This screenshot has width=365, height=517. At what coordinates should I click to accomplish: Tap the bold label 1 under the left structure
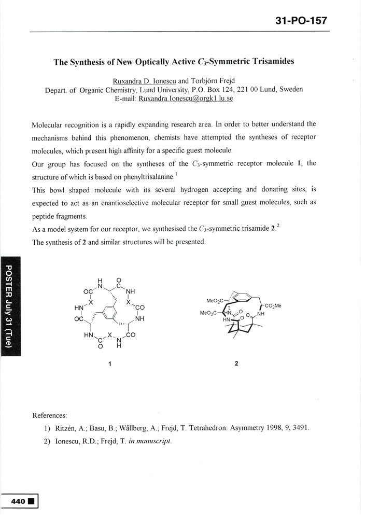tap(110, 364)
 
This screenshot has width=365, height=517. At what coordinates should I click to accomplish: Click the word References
tap(50, 415)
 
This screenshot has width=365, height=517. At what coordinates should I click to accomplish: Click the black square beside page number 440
tap(31, 501)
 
